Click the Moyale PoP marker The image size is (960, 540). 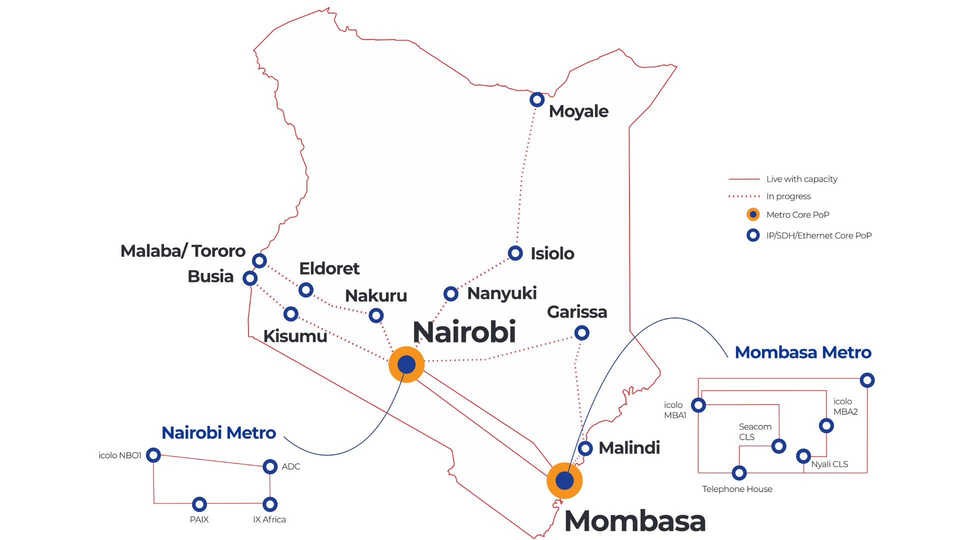(537, 99)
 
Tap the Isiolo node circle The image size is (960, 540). (515, 253)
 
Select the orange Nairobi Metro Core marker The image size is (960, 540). (406, 364)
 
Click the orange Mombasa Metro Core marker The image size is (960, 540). (564, 480)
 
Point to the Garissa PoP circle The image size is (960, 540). (581, 332)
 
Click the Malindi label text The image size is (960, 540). (629, 448)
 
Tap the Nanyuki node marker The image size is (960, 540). (451, 293)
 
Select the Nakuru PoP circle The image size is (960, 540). (376, 315)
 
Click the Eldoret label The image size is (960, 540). (329, 268)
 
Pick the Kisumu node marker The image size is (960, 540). (291, 314)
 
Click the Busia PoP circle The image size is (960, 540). (250, 278)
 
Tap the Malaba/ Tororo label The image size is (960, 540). (183, 250)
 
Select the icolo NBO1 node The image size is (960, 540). (153, 455)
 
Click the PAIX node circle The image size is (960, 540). (199, 504)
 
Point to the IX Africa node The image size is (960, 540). (270, 504)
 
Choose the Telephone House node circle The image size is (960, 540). (739, 472)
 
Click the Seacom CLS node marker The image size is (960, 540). (778, 446)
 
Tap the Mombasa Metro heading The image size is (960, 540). (803, 352)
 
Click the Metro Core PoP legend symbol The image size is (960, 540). (753, 214)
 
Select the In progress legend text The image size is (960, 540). (788, 196)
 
